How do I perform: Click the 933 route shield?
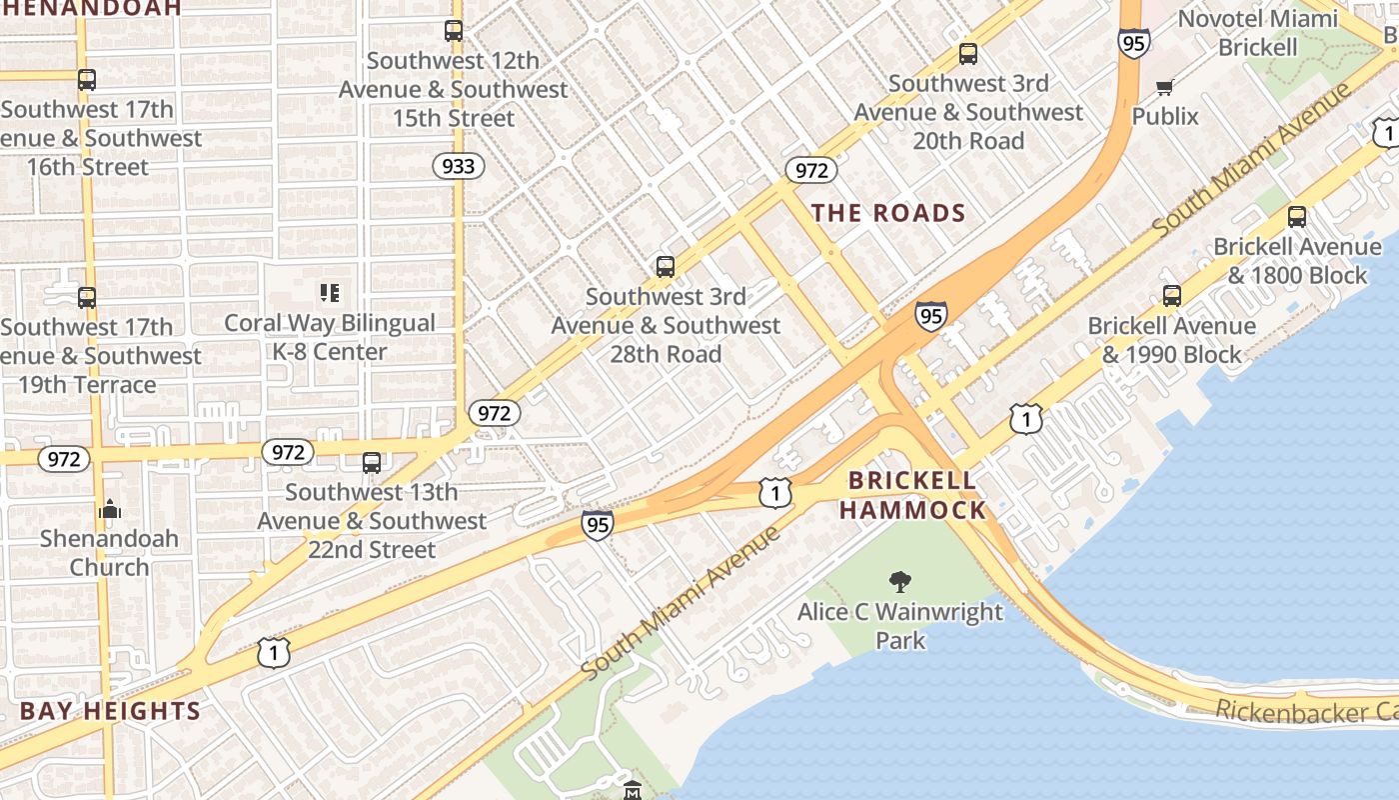pos(458,166)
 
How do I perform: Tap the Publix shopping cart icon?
pos(1164,87)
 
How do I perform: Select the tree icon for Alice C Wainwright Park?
pos(899,581)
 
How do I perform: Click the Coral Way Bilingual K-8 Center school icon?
pos(330,293)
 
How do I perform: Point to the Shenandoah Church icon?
pos(110,509)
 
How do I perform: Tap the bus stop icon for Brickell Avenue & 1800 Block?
pos(1296,216)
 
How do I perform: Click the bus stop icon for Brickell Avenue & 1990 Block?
pos(1171,296)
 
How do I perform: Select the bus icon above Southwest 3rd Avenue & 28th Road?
pos(666,266)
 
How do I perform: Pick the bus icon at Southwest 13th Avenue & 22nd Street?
pos(372,462)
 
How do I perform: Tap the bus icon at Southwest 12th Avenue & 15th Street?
pos(454,31)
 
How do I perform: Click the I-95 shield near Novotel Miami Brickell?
pos(1133,43)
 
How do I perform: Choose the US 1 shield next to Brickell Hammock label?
pos(774,492)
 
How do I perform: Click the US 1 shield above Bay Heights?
pos(273,653)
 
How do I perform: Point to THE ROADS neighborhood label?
pos(888,213)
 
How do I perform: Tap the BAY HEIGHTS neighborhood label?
pos(110,712)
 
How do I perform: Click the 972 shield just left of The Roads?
pos(810,170)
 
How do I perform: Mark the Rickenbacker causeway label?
pos(1305,711)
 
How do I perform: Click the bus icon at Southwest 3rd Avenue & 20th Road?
pos(967,54)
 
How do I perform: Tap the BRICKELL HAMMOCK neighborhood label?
pos(911,495)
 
